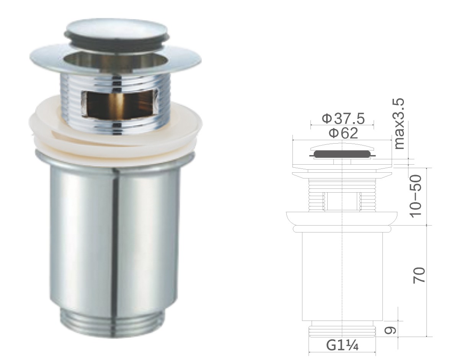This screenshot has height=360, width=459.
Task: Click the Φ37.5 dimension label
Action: click(343, 119)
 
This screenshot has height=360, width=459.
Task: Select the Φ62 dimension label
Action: click(343, 133)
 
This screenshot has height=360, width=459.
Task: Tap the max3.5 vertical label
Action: click(399, 124)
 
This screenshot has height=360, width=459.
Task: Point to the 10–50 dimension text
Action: click(416, 196)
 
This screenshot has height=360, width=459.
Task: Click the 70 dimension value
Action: click(419, 275)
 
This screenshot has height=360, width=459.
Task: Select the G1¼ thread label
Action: click(342, 346)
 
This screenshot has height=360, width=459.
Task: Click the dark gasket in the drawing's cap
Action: click(342, 154)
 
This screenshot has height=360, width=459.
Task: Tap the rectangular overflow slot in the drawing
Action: click(342, 201)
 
